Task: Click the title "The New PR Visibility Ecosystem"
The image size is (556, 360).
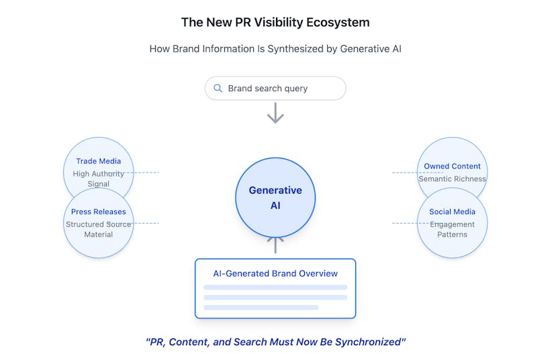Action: click(x=275, y=22)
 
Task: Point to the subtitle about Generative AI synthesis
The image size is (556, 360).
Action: click(x=275, y=48)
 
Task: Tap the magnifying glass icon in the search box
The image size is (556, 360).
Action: click(x=218, y=88)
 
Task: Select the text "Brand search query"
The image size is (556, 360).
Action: click(x=268, y=88)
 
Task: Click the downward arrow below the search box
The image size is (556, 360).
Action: click(x=275, y=113)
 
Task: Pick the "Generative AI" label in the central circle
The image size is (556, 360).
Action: click(x=275, y=197)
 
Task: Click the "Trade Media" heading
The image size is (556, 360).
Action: click(x=98, y=161)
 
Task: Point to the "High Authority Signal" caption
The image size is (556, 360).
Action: click(x=98, y=179)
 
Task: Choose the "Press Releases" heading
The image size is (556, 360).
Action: click(x=98, y=212)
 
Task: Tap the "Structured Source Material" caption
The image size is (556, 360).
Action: click(x=98, y=230)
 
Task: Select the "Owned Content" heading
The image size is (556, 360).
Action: click(x=452, y=166)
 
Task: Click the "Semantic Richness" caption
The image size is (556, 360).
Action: click(x=452, y=179)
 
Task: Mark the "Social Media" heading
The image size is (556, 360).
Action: click(x=452, y=212)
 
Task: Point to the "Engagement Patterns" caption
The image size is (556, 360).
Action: click(x=452, y=230)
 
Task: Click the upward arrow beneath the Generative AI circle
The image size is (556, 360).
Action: click(x=275, y=245)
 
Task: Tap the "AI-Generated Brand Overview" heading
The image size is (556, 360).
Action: click(x=275, y=273)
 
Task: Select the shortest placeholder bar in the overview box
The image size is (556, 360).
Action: click(x=261, y=308)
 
